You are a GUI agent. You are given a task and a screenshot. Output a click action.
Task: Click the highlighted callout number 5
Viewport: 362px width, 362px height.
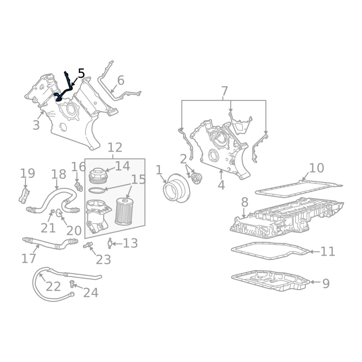point(81,73)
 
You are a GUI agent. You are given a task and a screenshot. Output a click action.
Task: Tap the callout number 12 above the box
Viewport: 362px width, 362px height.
point(115,148)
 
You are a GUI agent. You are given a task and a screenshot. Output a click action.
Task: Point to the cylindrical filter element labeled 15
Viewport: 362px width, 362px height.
point(124,211)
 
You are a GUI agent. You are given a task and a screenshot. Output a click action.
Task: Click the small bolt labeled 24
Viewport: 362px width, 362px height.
point(72,284)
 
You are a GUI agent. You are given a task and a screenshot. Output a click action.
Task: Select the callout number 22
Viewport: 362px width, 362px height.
point(53,286)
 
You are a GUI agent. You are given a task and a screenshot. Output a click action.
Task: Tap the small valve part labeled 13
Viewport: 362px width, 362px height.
point(110,243)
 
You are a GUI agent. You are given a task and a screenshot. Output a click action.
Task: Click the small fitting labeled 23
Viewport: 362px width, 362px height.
point(88,245)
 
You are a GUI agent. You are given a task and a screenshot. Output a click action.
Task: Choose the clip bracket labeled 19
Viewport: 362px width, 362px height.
point(24,196)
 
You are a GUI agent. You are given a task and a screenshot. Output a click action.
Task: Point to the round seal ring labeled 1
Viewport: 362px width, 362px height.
point(176,188)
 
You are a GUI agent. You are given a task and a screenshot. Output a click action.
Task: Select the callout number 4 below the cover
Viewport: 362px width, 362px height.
point(221,185)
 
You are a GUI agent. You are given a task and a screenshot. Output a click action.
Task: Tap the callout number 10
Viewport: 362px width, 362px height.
point(316,168)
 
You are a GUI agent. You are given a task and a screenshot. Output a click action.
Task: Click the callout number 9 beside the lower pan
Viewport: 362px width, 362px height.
point(326,284)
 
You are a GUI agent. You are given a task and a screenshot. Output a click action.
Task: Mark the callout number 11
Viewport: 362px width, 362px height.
point(328,252)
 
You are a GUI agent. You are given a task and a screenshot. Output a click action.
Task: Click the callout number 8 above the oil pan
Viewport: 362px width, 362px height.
point(245,202)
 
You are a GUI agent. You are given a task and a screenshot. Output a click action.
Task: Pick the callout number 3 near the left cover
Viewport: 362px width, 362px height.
point(36,125)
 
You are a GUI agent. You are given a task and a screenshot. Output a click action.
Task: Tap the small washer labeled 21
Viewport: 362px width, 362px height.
point(52,211)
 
